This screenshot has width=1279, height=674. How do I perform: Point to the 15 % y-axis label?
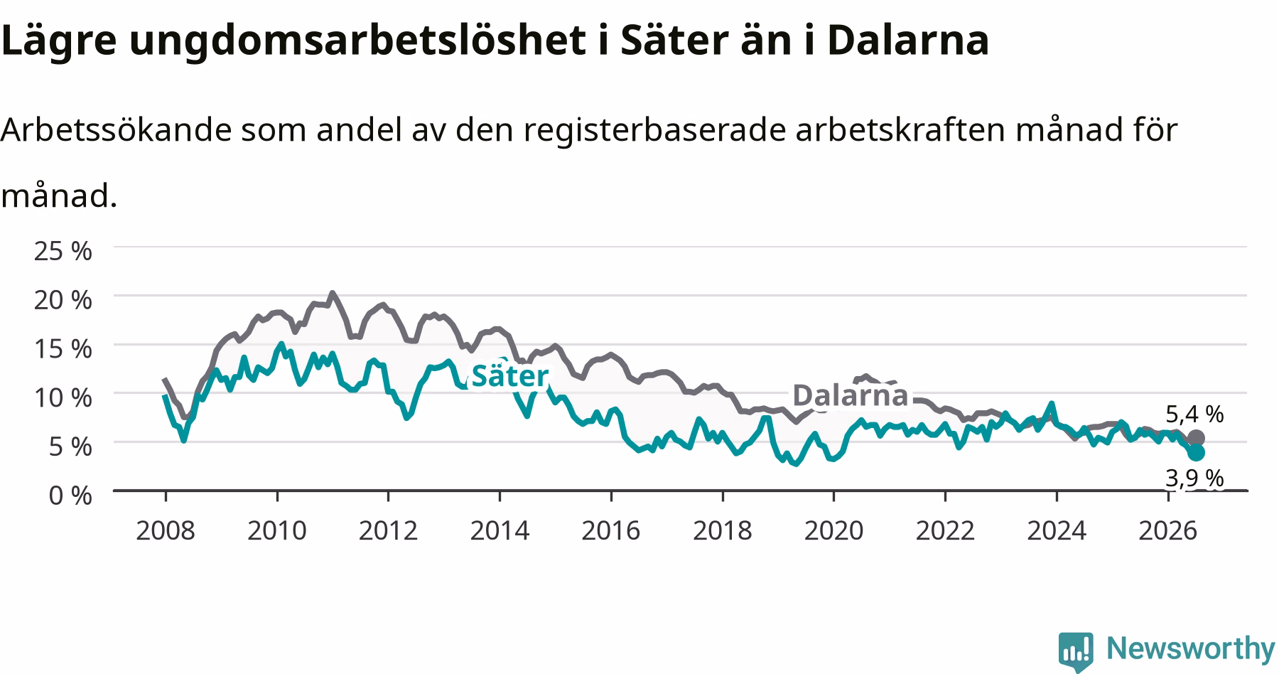pos(63,348)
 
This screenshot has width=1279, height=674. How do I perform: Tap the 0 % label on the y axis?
pos(70,495)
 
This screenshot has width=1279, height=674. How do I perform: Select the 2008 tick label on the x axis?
pos(166,530)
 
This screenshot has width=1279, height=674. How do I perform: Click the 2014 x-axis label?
pos(500,530)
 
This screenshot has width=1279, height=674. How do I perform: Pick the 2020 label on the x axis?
pos(833,530)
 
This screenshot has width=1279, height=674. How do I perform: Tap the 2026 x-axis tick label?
pos(1167,530)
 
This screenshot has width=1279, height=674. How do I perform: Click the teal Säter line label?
pos(510,376)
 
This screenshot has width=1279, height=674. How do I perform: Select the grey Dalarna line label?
pos(850,395)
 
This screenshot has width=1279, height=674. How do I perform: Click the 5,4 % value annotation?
pos(1194,414)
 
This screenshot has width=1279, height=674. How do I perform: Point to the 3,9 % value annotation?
pos(1194,478)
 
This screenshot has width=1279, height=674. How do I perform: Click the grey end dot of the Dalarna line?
pos(1196,438)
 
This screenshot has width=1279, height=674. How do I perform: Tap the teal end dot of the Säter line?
pos(1196,453)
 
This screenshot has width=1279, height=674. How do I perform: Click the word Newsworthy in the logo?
pos(1191,648)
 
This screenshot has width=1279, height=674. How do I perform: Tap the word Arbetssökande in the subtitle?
pos(117,129)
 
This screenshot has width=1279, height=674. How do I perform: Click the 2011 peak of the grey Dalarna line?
pos(332,293)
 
